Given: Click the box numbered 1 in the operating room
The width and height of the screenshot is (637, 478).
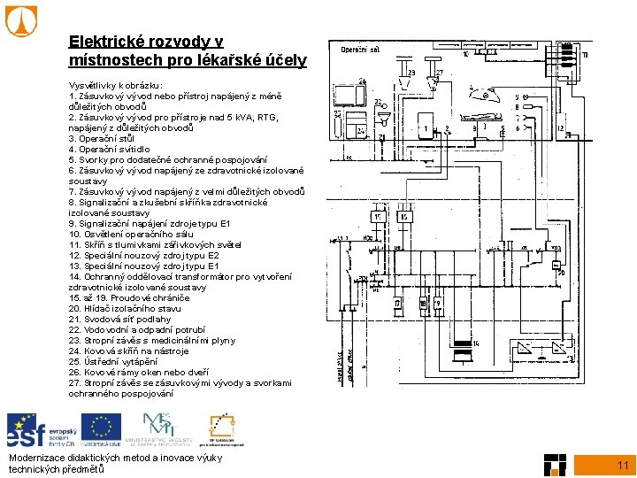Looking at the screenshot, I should click(427, 132).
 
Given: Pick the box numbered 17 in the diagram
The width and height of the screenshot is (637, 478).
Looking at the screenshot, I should click(398, 305).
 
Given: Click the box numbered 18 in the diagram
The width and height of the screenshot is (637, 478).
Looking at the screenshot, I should click(424, 305).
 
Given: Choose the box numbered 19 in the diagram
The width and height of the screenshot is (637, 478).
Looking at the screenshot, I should click(441, 305).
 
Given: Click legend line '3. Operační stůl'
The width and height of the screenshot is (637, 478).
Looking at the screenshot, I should click(101, 139).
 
